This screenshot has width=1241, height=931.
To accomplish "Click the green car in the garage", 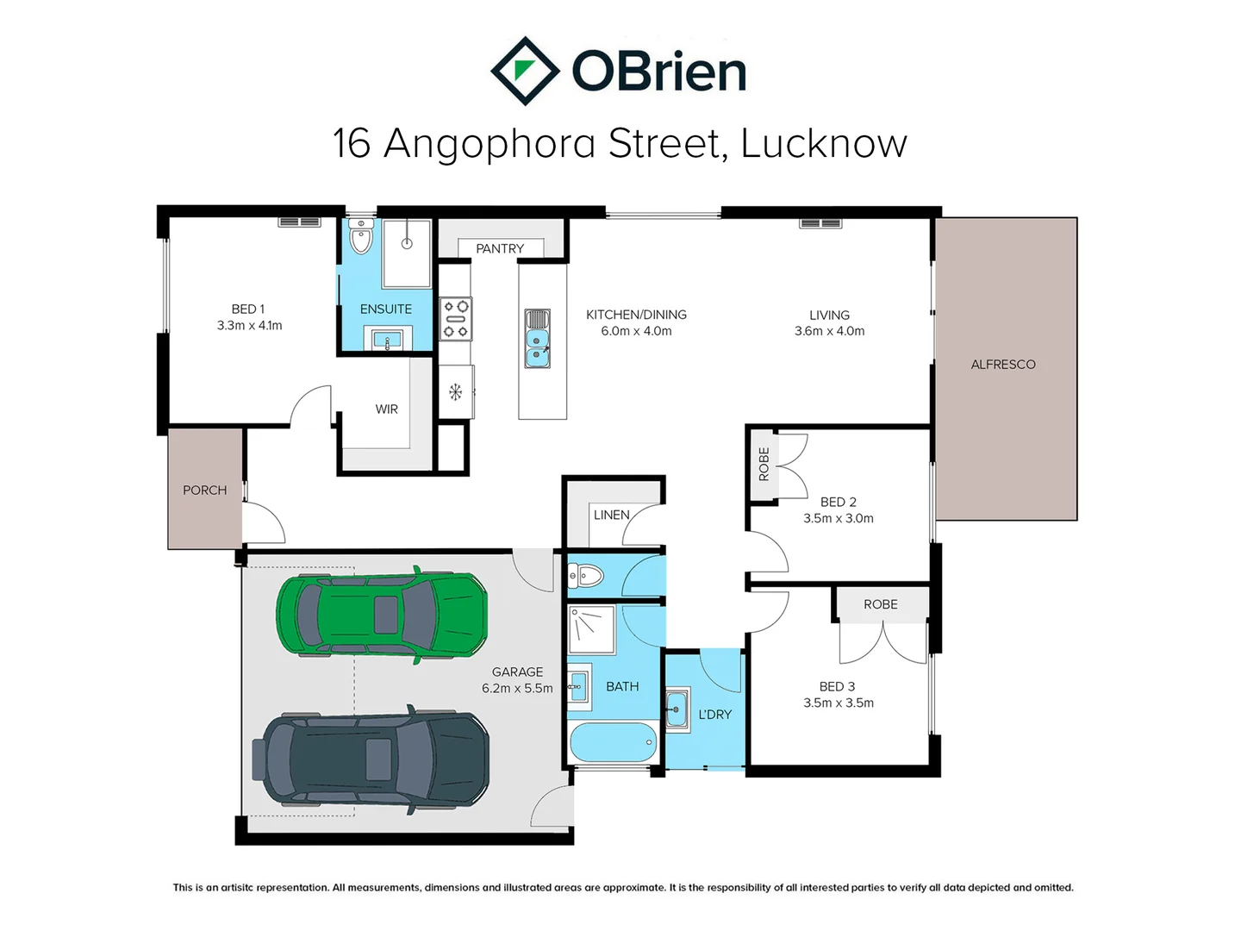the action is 382,615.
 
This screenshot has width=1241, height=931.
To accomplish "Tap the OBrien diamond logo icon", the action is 525,71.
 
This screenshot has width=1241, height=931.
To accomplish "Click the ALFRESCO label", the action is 1003,365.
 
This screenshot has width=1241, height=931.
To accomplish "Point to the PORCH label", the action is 204,490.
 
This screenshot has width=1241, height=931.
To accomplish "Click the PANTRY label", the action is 500,249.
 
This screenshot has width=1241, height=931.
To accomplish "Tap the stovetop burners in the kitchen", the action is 456,319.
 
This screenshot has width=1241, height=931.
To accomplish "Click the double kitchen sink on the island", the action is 537,339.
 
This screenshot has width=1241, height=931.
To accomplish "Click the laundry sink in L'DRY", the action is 677,709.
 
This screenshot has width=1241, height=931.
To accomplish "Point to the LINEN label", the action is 611,515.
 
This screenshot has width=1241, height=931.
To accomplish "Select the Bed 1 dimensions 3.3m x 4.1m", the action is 249,326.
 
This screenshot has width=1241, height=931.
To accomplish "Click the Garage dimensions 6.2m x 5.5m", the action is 517,689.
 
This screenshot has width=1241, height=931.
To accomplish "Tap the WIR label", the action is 387,409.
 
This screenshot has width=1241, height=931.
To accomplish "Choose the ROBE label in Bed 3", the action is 880,604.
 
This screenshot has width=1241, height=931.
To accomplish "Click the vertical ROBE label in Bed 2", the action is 764,464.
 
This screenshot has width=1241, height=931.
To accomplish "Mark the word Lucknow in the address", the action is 824,144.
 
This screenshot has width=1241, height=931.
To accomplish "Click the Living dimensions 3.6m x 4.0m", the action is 829,331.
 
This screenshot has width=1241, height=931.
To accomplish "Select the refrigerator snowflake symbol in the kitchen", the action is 456,391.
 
